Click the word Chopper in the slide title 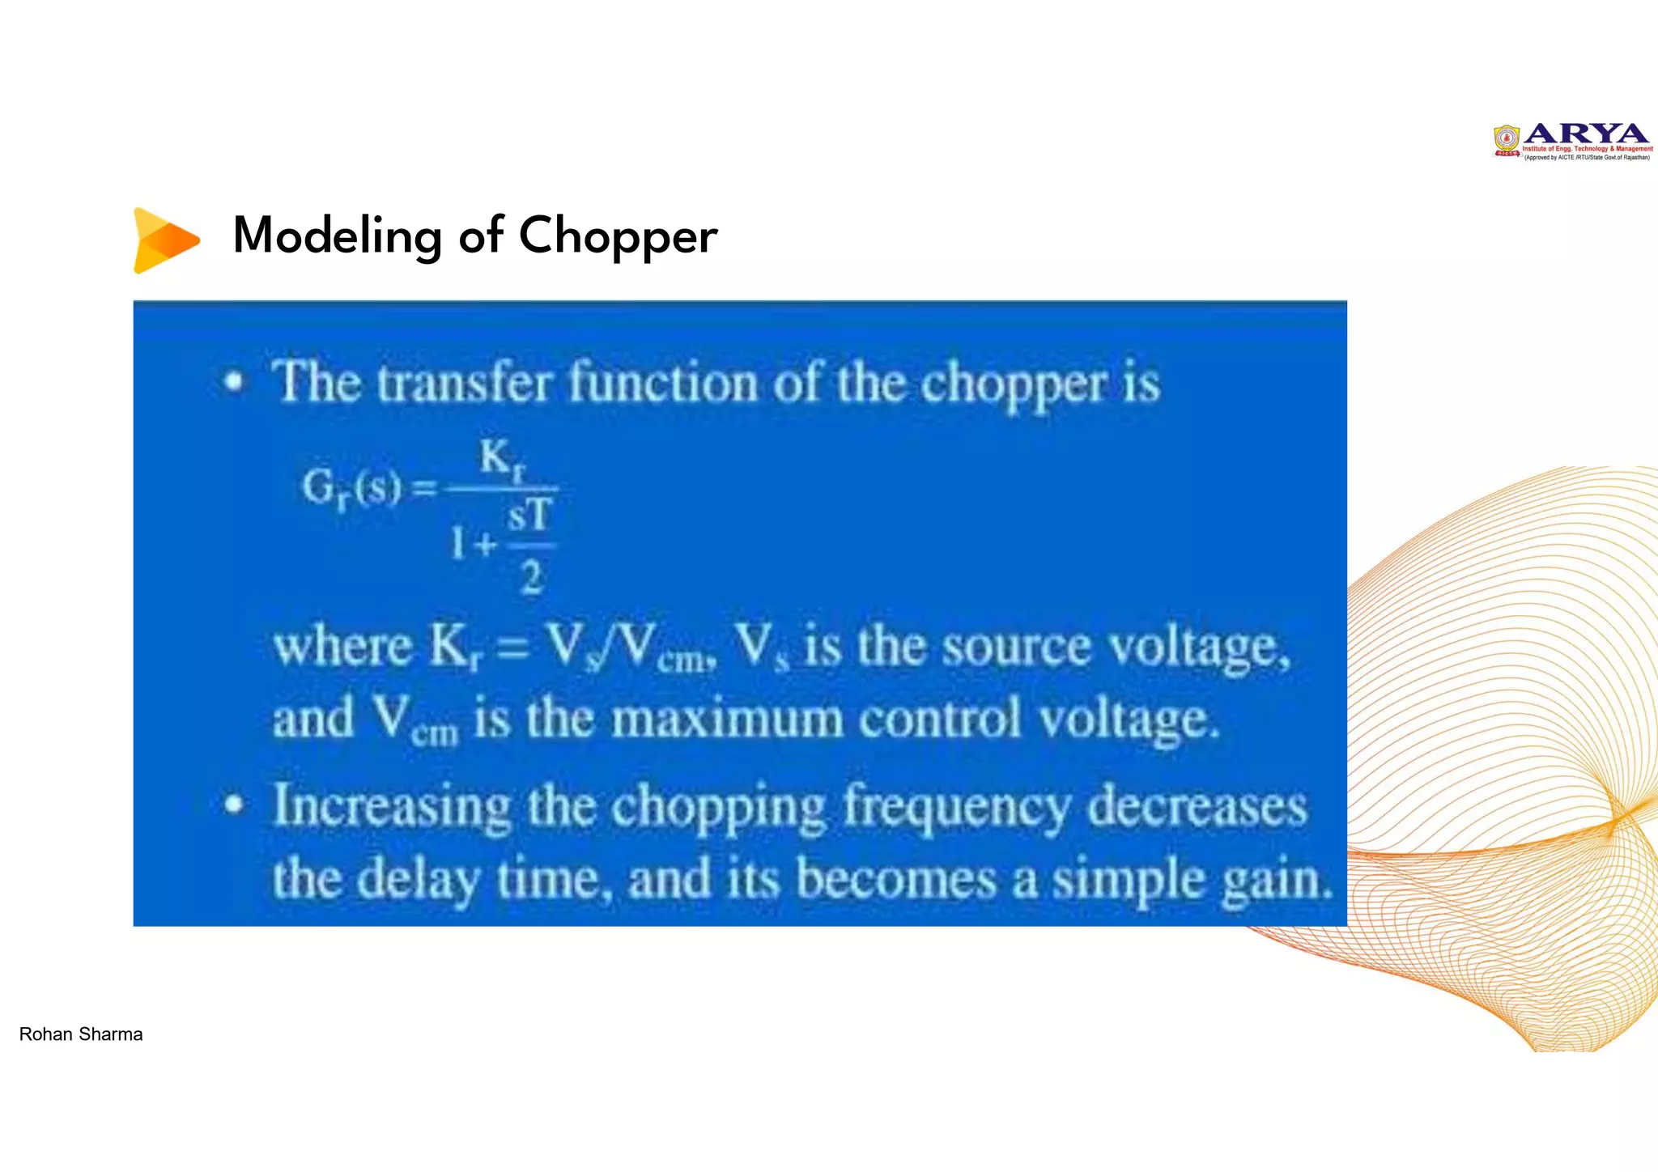click(618, 236)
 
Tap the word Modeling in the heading click(337, 236)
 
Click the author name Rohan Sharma click(81, 1034)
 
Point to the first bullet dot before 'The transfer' click(234, 382)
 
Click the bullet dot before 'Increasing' click(234, 805)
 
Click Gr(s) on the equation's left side click(351, 488)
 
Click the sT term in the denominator click(530, 516)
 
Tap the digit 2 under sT click(531, 578)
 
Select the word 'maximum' click(727, 719)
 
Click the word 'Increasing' click(392, 807)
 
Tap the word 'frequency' click(957, 807)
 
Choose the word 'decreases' click(1197, 807)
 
